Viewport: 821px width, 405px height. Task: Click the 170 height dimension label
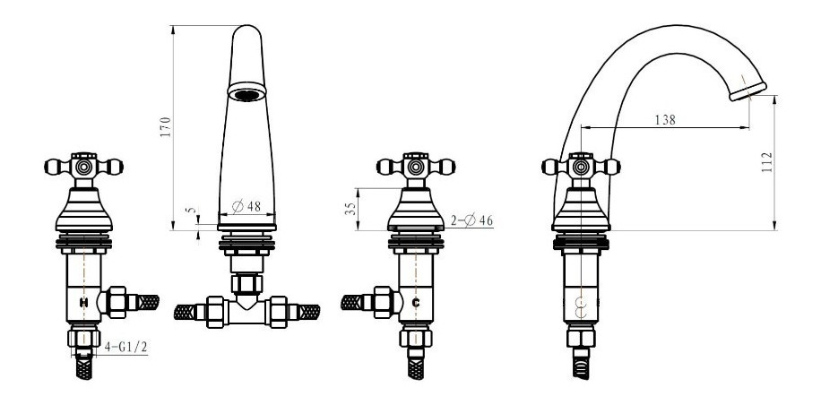click(x=166, y=126)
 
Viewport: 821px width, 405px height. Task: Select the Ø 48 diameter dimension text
click(x=246, y=206)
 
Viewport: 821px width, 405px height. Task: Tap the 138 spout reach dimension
click(x=665, y=120)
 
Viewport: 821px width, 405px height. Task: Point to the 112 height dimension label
click(x=767, y=163)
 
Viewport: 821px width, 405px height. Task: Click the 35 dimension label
click(x=350, y=209)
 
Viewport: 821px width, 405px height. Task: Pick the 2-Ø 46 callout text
click(x=471, y=220)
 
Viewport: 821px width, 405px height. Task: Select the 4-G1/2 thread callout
click(x=125, y=347)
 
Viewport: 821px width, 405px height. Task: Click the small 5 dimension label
click(x=192, y=211)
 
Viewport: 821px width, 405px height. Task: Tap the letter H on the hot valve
click(x=83, y=302)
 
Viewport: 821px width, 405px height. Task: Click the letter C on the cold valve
click(x=416, y=302)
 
